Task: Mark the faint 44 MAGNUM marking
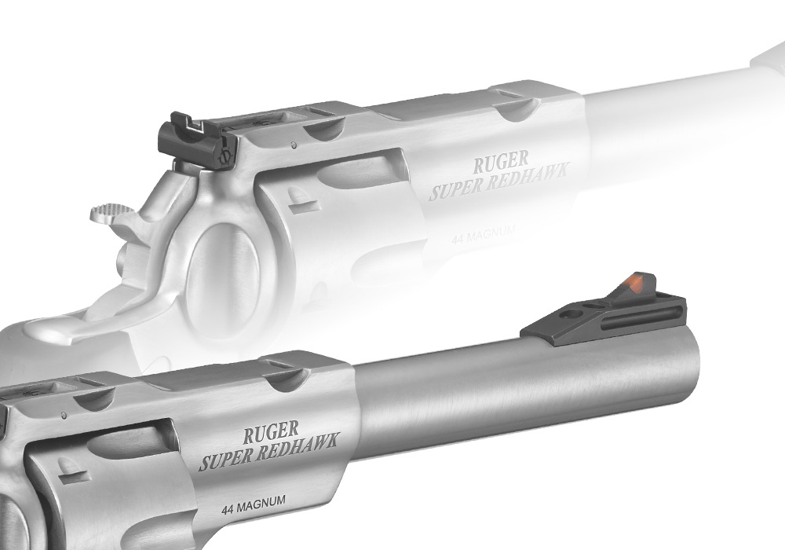483,234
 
